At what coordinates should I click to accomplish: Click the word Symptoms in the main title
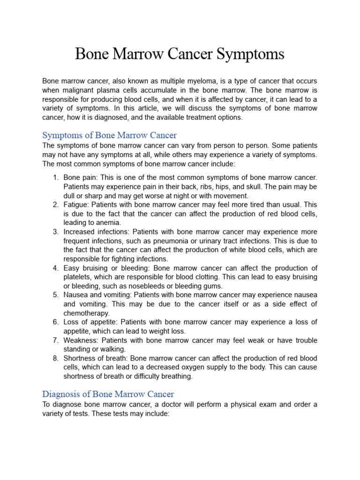tap(249, 54)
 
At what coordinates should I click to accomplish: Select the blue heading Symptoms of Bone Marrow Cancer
tap(109, 135)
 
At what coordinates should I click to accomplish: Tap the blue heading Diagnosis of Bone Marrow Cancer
tap(108, 394)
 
